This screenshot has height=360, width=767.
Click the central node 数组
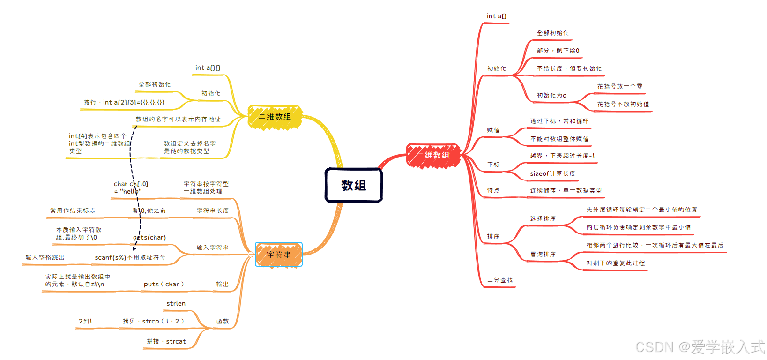click(354, 186)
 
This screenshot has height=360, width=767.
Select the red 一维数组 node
click(433, 155)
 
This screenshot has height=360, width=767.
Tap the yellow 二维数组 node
click(275, 117)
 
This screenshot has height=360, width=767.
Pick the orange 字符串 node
click(279, 255)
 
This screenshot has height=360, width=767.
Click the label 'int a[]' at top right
click(497, 16)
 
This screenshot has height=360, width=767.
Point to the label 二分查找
click(500, 280)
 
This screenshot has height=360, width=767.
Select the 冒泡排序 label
click(543, 255)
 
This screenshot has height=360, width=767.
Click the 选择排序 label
click(543, 219)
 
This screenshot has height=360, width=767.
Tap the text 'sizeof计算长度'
click(552, 174)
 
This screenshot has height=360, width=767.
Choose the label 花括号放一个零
click(620, 87)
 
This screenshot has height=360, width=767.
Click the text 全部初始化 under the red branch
click(553, 33)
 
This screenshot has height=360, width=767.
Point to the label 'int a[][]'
click(208, 68)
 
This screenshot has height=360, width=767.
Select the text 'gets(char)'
click(149, 238)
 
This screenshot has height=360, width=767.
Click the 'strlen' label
click(176, 304)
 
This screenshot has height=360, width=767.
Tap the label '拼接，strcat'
click(166, 342)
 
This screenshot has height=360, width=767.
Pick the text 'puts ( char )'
click(164, 285)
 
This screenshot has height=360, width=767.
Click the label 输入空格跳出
click(45, 258)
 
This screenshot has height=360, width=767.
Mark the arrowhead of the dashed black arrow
click(134, 248)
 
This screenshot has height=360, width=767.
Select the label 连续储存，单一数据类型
click(566, 191)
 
